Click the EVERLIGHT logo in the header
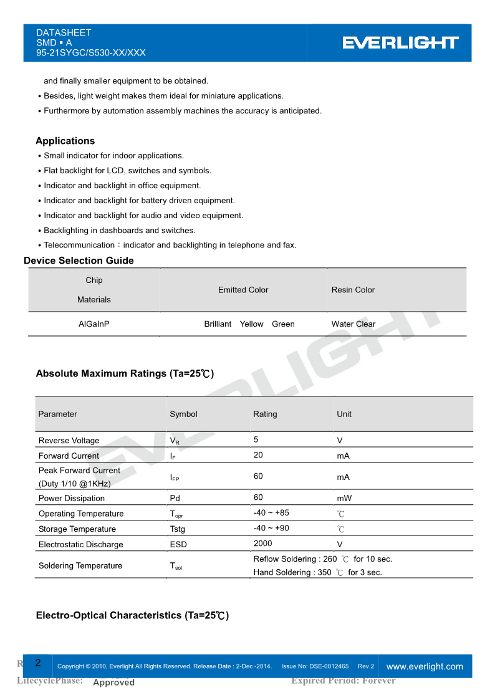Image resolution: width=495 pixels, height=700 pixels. [400, 42]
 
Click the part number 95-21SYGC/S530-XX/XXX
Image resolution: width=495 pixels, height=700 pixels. [91, 53]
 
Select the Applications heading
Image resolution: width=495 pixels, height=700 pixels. [65, 141]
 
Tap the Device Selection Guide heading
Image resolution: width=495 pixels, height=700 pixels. [79, 261]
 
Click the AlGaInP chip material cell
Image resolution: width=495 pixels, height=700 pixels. [94, 324]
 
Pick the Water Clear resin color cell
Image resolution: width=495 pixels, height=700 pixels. [353, 324]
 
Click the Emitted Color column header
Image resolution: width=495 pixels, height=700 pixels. [243, 290]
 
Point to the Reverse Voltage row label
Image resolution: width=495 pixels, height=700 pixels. [69, 441]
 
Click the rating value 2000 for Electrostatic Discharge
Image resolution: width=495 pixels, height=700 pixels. [263, 544]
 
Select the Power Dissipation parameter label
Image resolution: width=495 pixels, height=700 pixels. [72, 499]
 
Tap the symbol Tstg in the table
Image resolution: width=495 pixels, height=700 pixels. [178, 529]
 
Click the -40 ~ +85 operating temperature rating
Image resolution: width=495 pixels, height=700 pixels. [271, 513]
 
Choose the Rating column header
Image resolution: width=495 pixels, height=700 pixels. [265, 414]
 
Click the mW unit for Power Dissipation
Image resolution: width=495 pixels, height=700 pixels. [344, 499]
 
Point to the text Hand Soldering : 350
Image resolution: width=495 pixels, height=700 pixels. [292, 572]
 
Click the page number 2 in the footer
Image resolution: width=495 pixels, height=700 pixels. [38, 663]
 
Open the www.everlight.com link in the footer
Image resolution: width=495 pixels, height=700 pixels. [425, 666]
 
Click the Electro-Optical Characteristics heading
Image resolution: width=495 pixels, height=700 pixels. [132, 615]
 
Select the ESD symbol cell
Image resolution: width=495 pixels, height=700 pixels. [178, 544]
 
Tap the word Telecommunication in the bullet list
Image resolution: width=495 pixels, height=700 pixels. [79, 245]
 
